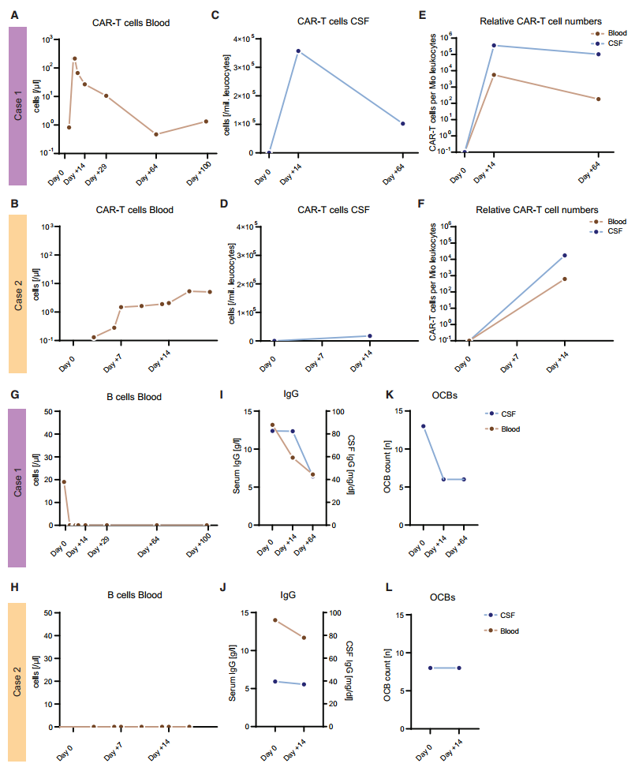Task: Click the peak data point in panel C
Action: click(x=298, y=51)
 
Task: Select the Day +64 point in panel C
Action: click(x=403, y=124)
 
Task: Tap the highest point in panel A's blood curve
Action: click(x=75, y=58)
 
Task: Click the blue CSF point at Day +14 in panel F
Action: click(x=565, y=256)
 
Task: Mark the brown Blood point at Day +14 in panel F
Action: click(x=565, y=279)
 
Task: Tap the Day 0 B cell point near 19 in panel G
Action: click(x=64, y=482)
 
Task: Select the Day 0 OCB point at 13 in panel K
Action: click(x=424, y=426)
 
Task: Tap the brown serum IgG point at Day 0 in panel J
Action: click(x=275, y=620)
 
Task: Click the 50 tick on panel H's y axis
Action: click(x=49, y=613)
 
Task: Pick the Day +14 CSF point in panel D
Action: click(x=370, y=336)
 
